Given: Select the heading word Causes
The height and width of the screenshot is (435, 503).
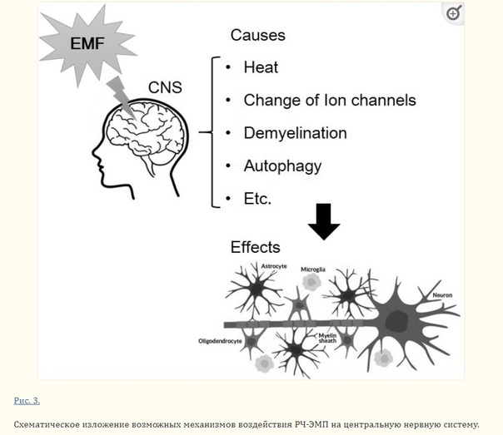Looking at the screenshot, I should click(x=257, y=35).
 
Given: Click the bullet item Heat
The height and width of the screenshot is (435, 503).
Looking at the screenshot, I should click(x=261, y=67).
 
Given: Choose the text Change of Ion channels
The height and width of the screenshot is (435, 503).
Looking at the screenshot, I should click(x=329, y=100).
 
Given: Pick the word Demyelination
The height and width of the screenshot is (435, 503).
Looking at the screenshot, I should click(x=295, y=132).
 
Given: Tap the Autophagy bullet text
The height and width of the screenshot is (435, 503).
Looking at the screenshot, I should click(x=282, y=166).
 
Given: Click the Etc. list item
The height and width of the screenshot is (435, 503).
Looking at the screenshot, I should click(x=257, y=198).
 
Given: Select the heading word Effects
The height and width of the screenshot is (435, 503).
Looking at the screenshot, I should click(x=255, y=247).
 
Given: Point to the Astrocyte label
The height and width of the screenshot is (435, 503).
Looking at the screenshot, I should click(x=274, y=265).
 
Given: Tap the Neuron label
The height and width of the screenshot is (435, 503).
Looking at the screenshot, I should click(x=443, y=295).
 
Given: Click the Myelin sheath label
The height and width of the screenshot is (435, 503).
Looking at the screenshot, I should click(x=327, y=337).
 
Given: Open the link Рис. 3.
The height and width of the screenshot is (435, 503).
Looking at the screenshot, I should click(x=27, y=400).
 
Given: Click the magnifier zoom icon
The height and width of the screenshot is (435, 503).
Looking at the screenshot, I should click(x=453, y=13).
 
